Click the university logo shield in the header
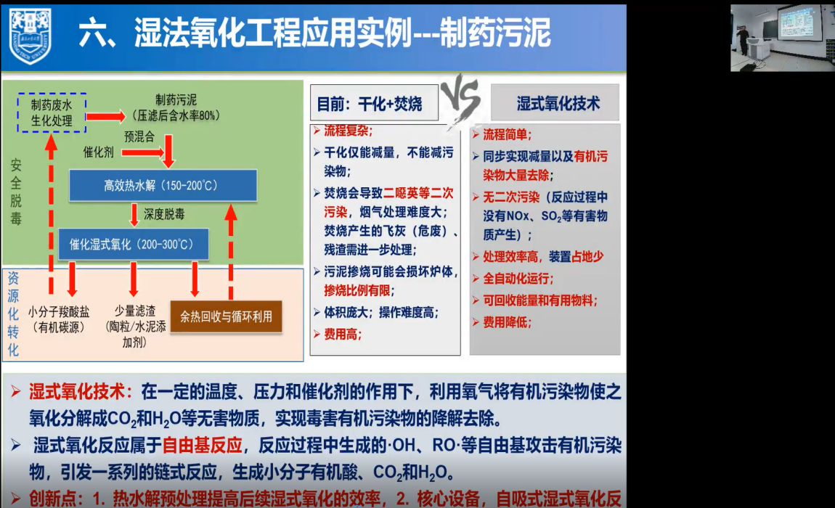[30, 36]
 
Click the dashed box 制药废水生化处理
[52, 113]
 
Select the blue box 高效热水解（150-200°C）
[163, 185]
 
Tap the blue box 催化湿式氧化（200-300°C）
[133, 245]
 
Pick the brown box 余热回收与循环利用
[226, 317]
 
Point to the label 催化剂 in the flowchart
[99, 152]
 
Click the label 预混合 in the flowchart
[139, 137]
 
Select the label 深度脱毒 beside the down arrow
[164, 215]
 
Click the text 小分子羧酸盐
[59, 312]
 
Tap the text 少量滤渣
[135, 311]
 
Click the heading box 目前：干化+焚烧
[374, 103]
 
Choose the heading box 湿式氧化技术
[555, 103]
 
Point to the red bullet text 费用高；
[343, 335]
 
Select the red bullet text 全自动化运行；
[518, 279]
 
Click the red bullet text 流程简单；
[507, 135]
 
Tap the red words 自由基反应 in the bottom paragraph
[203, 445]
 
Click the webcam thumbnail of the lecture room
[781, 38]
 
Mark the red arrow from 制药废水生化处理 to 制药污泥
[105, 116]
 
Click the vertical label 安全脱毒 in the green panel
[16, 192]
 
